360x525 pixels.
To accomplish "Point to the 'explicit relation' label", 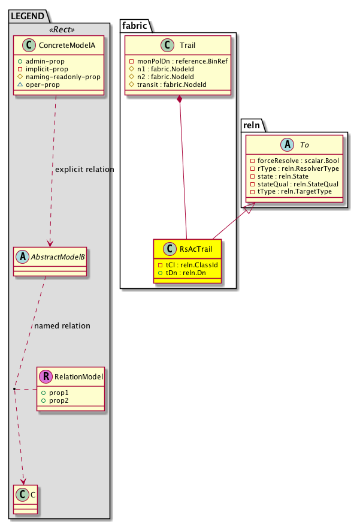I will click(84, 170).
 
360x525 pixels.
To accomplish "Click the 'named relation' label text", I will click(62, 326).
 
